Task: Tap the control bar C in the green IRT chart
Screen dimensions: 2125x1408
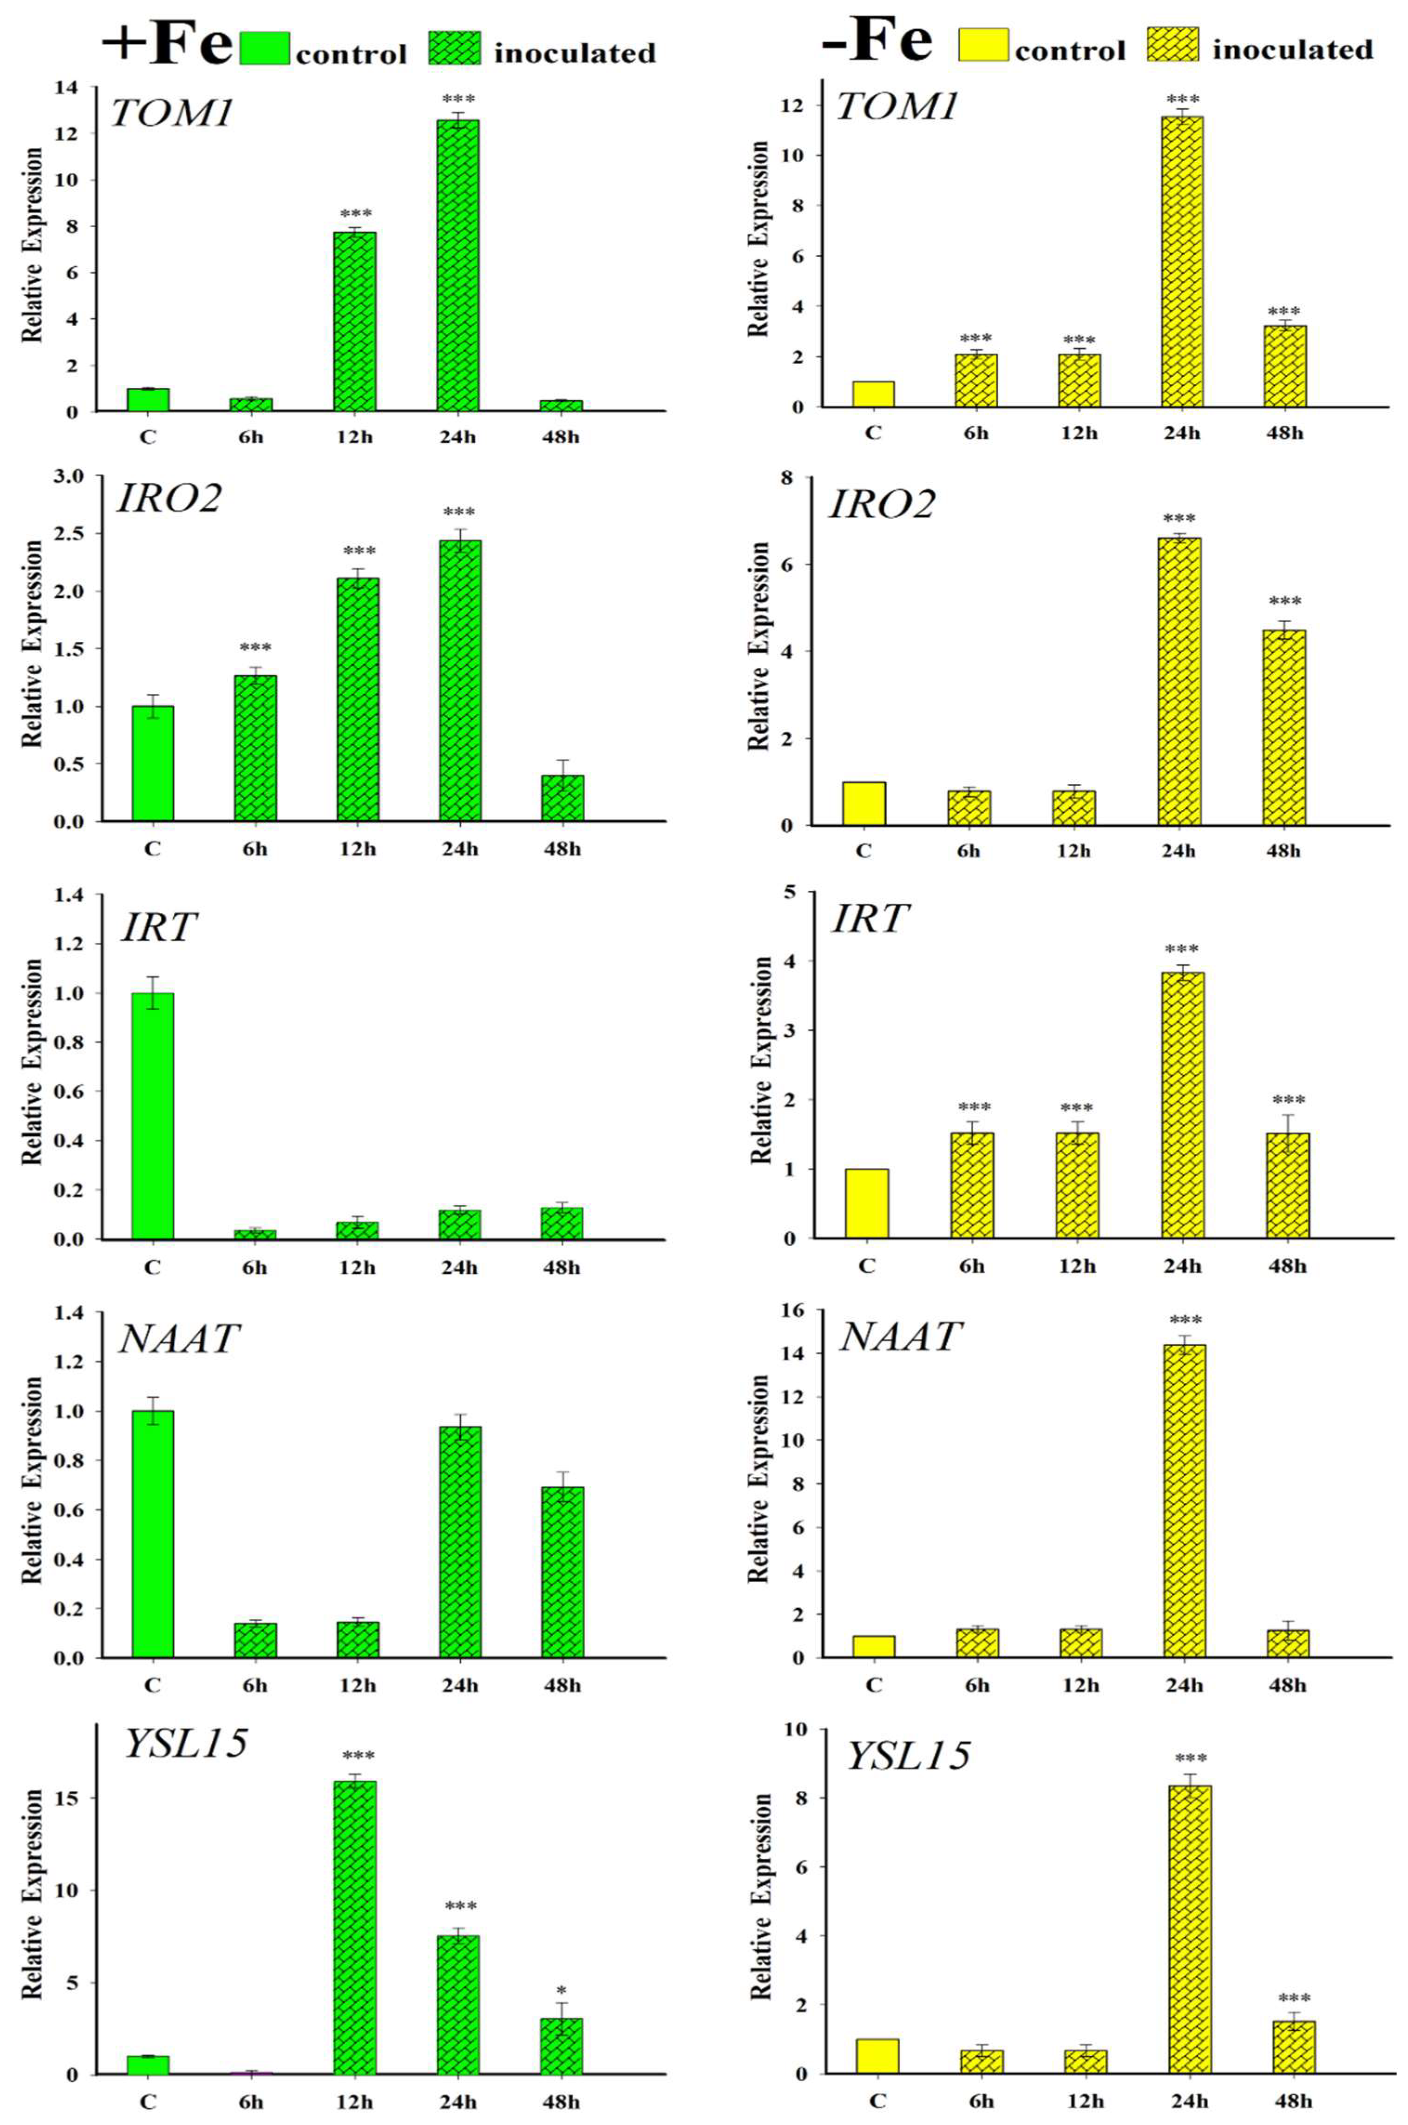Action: click(153, 1116)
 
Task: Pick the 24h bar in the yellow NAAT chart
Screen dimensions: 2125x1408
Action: click(1184, 1500)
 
